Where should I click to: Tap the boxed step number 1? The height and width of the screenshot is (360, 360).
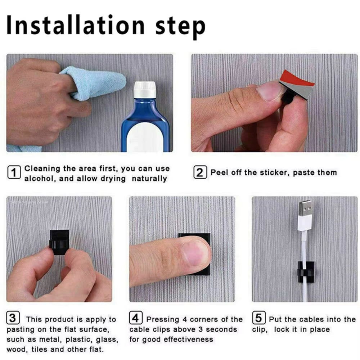tap(14, 173)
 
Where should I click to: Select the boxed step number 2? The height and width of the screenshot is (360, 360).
tap(199, 172)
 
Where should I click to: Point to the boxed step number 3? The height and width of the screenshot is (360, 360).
tap(13, 319)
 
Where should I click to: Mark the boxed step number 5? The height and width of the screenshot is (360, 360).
tap(258, 319)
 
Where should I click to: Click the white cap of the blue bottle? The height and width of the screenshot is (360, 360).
tap(145, 90)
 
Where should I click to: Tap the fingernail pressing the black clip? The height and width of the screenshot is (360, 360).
tap(195, 252)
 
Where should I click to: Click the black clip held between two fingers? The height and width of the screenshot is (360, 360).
tap(59, 242)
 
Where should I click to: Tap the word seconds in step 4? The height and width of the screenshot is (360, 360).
tap(221, 329)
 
